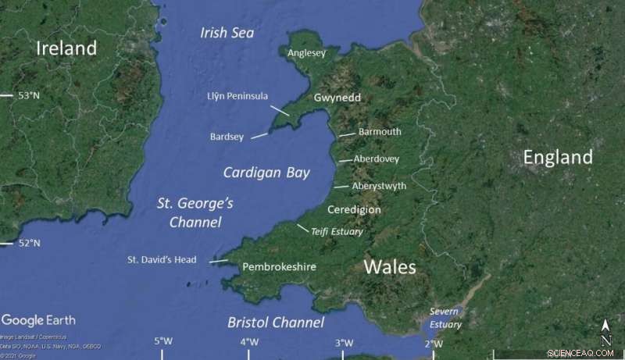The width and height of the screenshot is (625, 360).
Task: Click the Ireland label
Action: click(x=66, y=48)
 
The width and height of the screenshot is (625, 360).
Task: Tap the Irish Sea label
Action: click(x=227, y=33)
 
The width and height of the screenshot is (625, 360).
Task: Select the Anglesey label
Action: click(x=307, y=54)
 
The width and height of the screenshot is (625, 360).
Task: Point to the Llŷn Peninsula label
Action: click(x=237, y=96)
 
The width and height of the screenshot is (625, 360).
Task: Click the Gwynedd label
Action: click(x=337, y=98)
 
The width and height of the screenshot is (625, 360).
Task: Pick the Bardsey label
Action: click(x=227, y=137)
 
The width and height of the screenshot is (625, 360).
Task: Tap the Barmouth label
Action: click(x=380, y=132)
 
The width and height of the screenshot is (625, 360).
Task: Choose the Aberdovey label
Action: click(x=377, y=159)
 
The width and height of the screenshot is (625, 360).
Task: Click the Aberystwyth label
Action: click(x=379, y=186)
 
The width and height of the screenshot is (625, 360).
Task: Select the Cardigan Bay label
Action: click(x=266, y=173)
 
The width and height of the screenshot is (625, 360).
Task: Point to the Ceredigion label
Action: click(x=354, y=210)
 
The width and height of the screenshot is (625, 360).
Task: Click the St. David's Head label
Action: click(x=162, y=260)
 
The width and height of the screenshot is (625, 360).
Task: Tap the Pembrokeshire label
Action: click(x=279, y=267)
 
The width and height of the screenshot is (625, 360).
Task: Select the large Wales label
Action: click(x=390, y=267)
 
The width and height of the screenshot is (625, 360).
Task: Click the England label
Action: click(x=558, y=158)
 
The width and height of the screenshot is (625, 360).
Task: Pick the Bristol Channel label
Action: click(x=276, y=323)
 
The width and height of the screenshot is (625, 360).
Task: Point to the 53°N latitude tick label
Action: click(x=29, y=95)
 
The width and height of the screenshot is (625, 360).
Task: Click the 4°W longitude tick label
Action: click(x=249, y=341)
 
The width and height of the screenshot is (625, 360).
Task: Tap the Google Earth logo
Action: click(x=38, y=320)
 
